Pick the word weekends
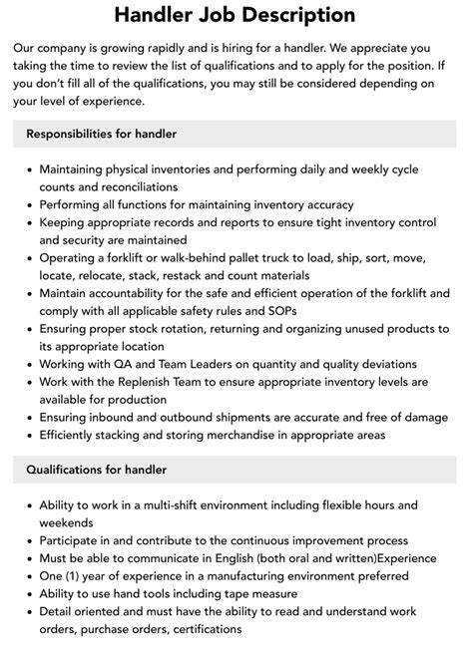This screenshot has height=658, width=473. pyautogui.click(x=66, y=522)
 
